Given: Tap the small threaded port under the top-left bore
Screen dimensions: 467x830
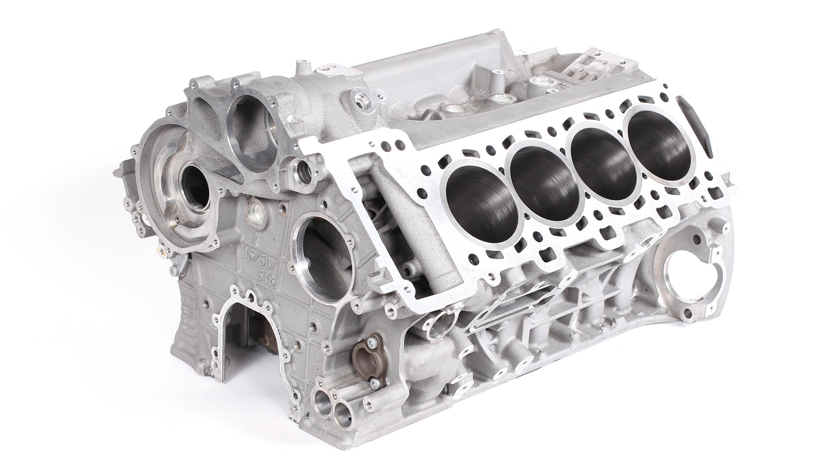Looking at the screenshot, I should (304, 169).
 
